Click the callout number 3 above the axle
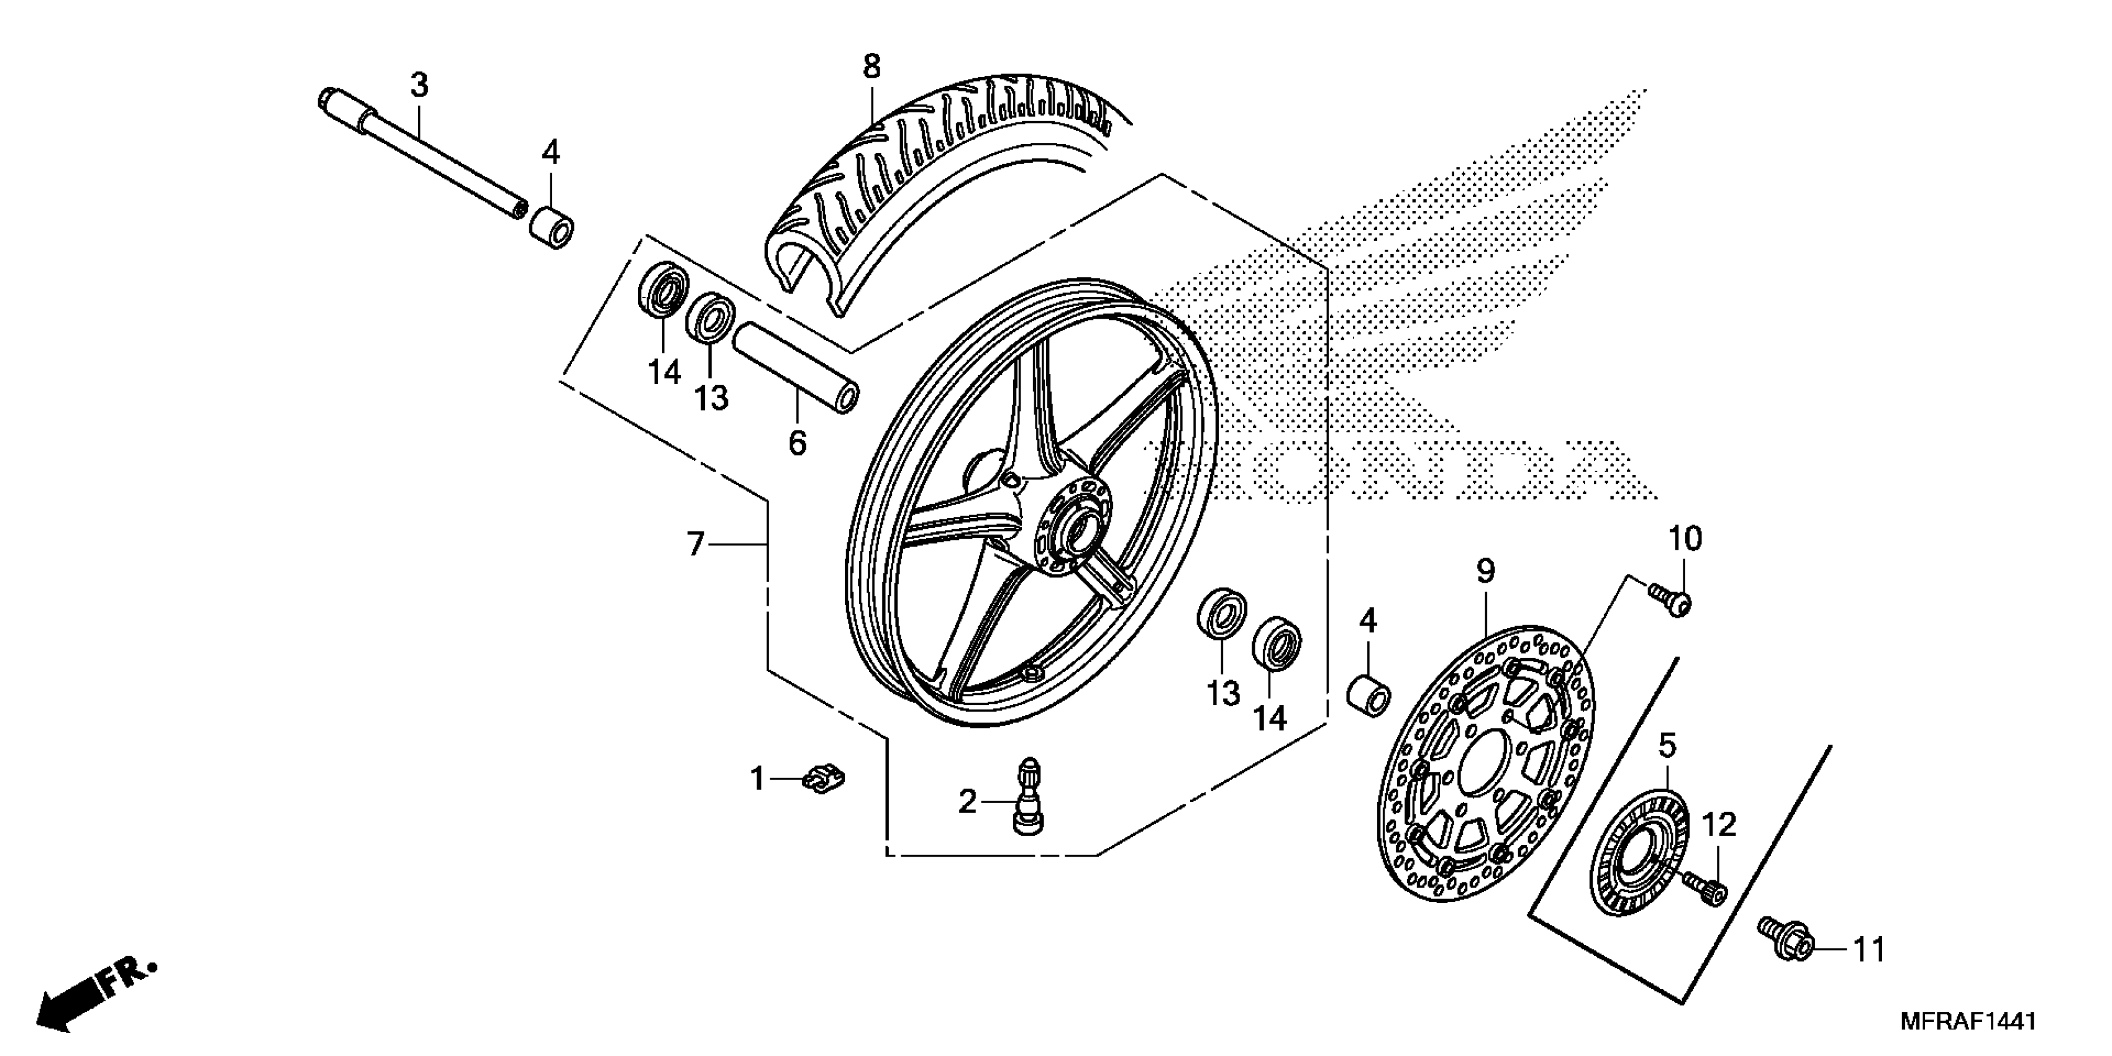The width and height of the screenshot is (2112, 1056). [419, 85]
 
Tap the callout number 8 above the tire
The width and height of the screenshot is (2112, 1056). [871, 66]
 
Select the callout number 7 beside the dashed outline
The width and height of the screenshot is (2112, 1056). [695, 544]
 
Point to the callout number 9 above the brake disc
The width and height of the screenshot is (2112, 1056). [1486, 571]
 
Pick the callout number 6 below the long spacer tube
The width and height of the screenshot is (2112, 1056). [797, 443]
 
